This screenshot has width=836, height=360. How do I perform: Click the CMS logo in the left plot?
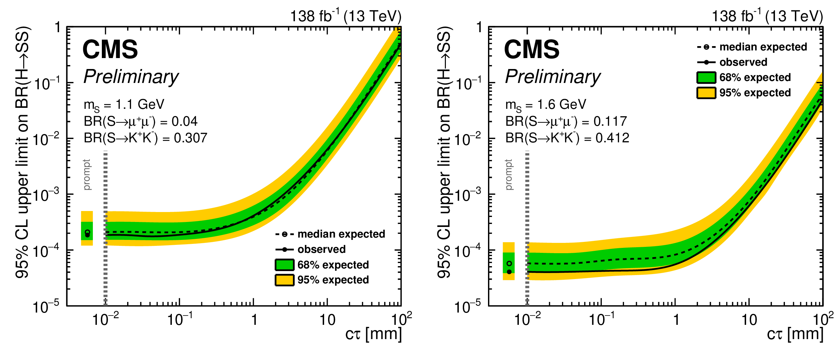(110, 50)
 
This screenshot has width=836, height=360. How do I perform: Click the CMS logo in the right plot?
(531, 50)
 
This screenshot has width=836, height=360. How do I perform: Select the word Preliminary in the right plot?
(553, 77)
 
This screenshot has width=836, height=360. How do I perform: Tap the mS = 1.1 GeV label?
(124, 105)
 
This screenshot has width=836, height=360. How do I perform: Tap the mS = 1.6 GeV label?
(545, 105)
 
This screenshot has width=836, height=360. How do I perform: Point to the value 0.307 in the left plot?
(190, 138)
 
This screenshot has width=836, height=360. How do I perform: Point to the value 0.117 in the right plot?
(610, 121)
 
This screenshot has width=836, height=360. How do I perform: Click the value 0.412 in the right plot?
(612, 138)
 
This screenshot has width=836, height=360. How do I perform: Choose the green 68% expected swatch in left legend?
(284, 265)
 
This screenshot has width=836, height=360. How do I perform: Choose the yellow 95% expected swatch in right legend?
(706, 93)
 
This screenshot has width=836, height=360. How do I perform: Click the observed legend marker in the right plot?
(706, 62)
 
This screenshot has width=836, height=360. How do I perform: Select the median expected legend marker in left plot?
(285, 234)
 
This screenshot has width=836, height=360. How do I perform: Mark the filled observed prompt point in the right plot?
(509, 272)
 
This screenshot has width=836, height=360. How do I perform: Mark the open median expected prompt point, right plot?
(509, 263)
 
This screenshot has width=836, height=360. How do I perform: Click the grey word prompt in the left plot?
(87, 175)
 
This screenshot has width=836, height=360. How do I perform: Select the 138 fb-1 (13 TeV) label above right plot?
(767, 16)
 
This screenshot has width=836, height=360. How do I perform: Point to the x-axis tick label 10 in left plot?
(327, 320)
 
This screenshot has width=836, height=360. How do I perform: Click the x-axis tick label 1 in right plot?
(676, 320)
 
